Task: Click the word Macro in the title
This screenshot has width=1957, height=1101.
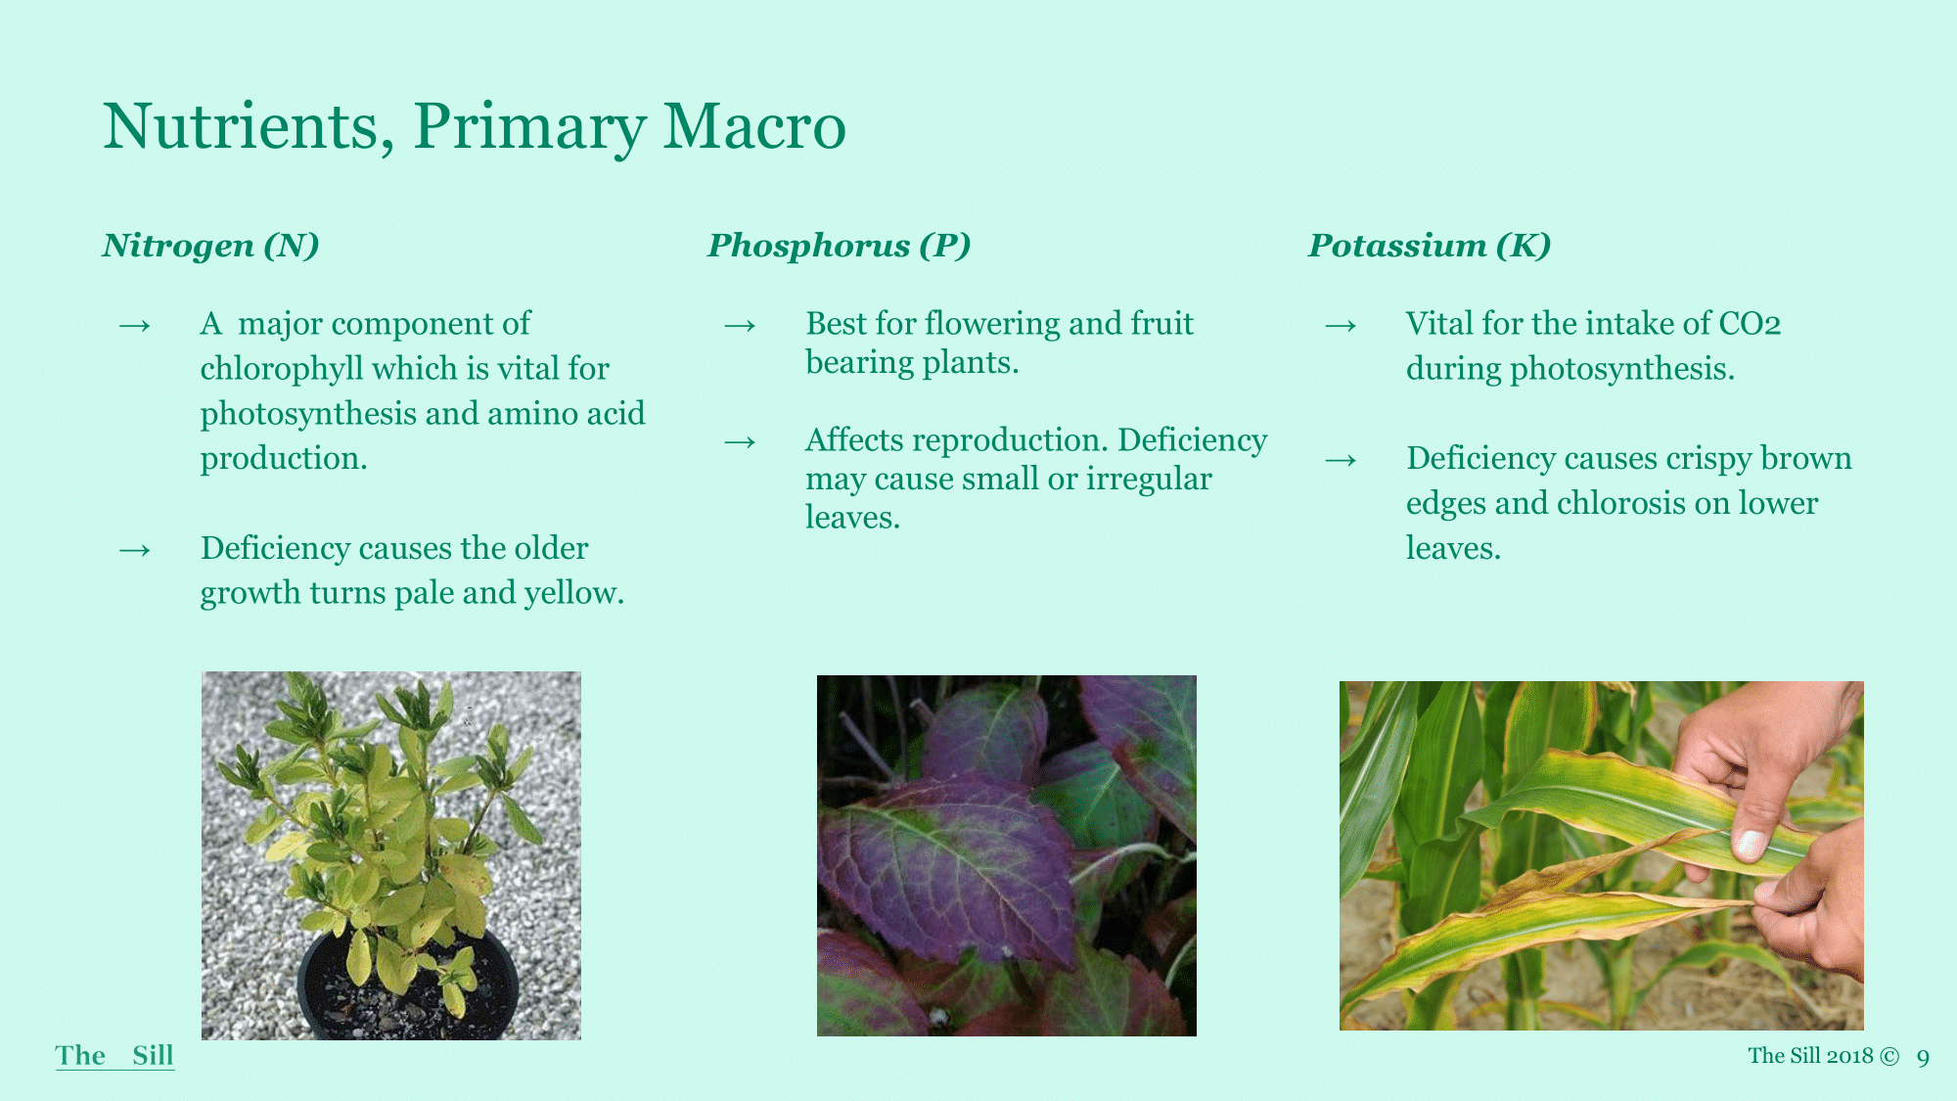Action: pos(754,126)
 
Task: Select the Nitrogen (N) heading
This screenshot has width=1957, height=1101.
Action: pos(211,245)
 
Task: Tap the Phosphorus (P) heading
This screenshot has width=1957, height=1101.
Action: pos(840,245)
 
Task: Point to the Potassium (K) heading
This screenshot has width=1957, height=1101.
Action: pos(1431,245)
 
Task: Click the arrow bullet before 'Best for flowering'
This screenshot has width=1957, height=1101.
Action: pos(740,325)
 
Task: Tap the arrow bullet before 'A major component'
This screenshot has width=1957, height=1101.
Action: pos(135,325)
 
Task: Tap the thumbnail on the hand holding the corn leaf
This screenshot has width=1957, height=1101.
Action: pos(1750,844)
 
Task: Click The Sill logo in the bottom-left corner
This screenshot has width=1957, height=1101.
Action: pos(114,1056)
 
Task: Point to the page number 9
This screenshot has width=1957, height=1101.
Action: pos(1923,1057)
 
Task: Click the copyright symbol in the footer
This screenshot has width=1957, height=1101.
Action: pos(1889,1056)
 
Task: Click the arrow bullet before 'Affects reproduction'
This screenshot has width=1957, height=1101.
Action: pos(740,442)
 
